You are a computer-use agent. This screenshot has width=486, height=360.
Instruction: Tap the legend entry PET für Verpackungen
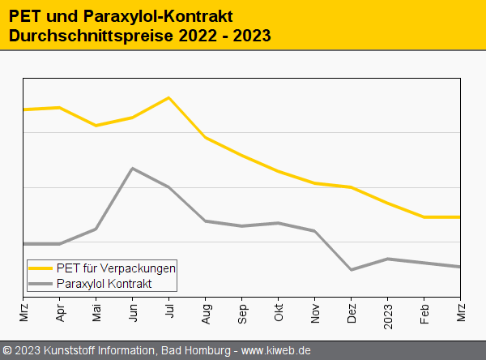tap(116, 268)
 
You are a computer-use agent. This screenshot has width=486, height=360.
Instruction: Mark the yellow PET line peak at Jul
tap(168, 98)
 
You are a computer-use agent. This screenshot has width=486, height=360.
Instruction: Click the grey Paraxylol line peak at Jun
tap(132, 169)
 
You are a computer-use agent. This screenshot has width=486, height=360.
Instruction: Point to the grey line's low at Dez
tap(351, 269)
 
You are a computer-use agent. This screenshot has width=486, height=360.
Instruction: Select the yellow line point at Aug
tap(206, 138)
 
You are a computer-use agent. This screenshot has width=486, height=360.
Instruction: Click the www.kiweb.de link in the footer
tap(276, 350)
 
